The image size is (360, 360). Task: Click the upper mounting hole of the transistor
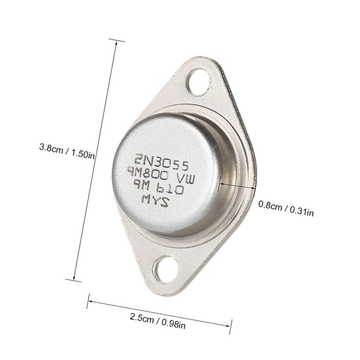point(198,81)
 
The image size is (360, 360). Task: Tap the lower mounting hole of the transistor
point(166,269)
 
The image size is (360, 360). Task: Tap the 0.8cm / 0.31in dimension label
point(286,208)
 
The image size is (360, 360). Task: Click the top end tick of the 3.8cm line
point(117,40)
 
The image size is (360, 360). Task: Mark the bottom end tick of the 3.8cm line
point(73,280)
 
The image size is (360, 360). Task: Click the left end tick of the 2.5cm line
point(88,301)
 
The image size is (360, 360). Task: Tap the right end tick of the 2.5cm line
point(230,327)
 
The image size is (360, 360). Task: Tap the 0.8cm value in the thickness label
point(270,206)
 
